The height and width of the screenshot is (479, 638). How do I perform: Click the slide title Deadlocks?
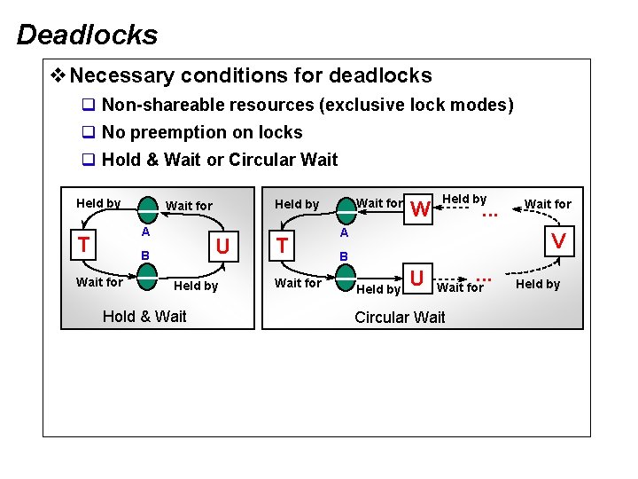click(87, 35)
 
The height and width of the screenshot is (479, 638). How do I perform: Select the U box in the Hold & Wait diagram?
click(223, 245)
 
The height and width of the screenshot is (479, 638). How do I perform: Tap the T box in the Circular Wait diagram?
click(281, 245)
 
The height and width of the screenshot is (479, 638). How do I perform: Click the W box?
click(422, 209)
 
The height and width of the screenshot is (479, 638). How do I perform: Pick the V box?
click(558, 240)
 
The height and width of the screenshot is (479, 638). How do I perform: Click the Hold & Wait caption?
click(144, 317)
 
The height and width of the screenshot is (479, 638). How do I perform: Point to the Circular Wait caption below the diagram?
click(400, 318)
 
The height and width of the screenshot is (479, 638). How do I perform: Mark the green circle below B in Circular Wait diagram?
click(346, 277)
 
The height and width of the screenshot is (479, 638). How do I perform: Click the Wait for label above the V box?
click(548, 204)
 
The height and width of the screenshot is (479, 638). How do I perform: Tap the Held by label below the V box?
click(538, 285)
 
